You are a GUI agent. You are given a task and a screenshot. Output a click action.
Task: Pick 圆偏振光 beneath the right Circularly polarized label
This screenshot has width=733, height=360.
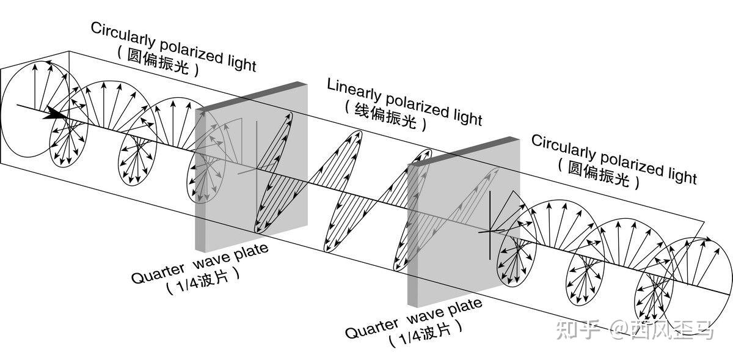tap(599, 172)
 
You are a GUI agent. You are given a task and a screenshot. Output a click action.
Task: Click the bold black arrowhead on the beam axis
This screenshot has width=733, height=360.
tap(56, 114)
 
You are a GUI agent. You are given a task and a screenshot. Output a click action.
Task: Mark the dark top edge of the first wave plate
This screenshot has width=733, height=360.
tap(250, 96)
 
